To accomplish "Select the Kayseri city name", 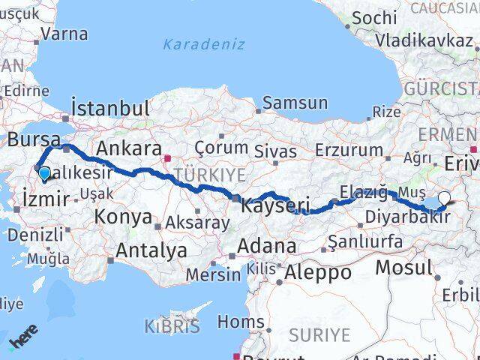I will pyautogui.click(x=276, y=203).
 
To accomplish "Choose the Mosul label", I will pyautogui.click(x=405, y=267).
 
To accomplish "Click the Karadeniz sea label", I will pyautogui.click(x=204, y=43).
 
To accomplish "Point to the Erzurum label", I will pyautogui.click(x=349, y=149).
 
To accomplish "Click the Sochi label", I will pyautogui.click(x=374, y=16).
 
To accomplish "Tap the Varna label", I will pyautogui.click(x=64, y=34).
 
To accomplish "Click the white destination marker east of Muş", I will pyautogui.click(x=444, y=199).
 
